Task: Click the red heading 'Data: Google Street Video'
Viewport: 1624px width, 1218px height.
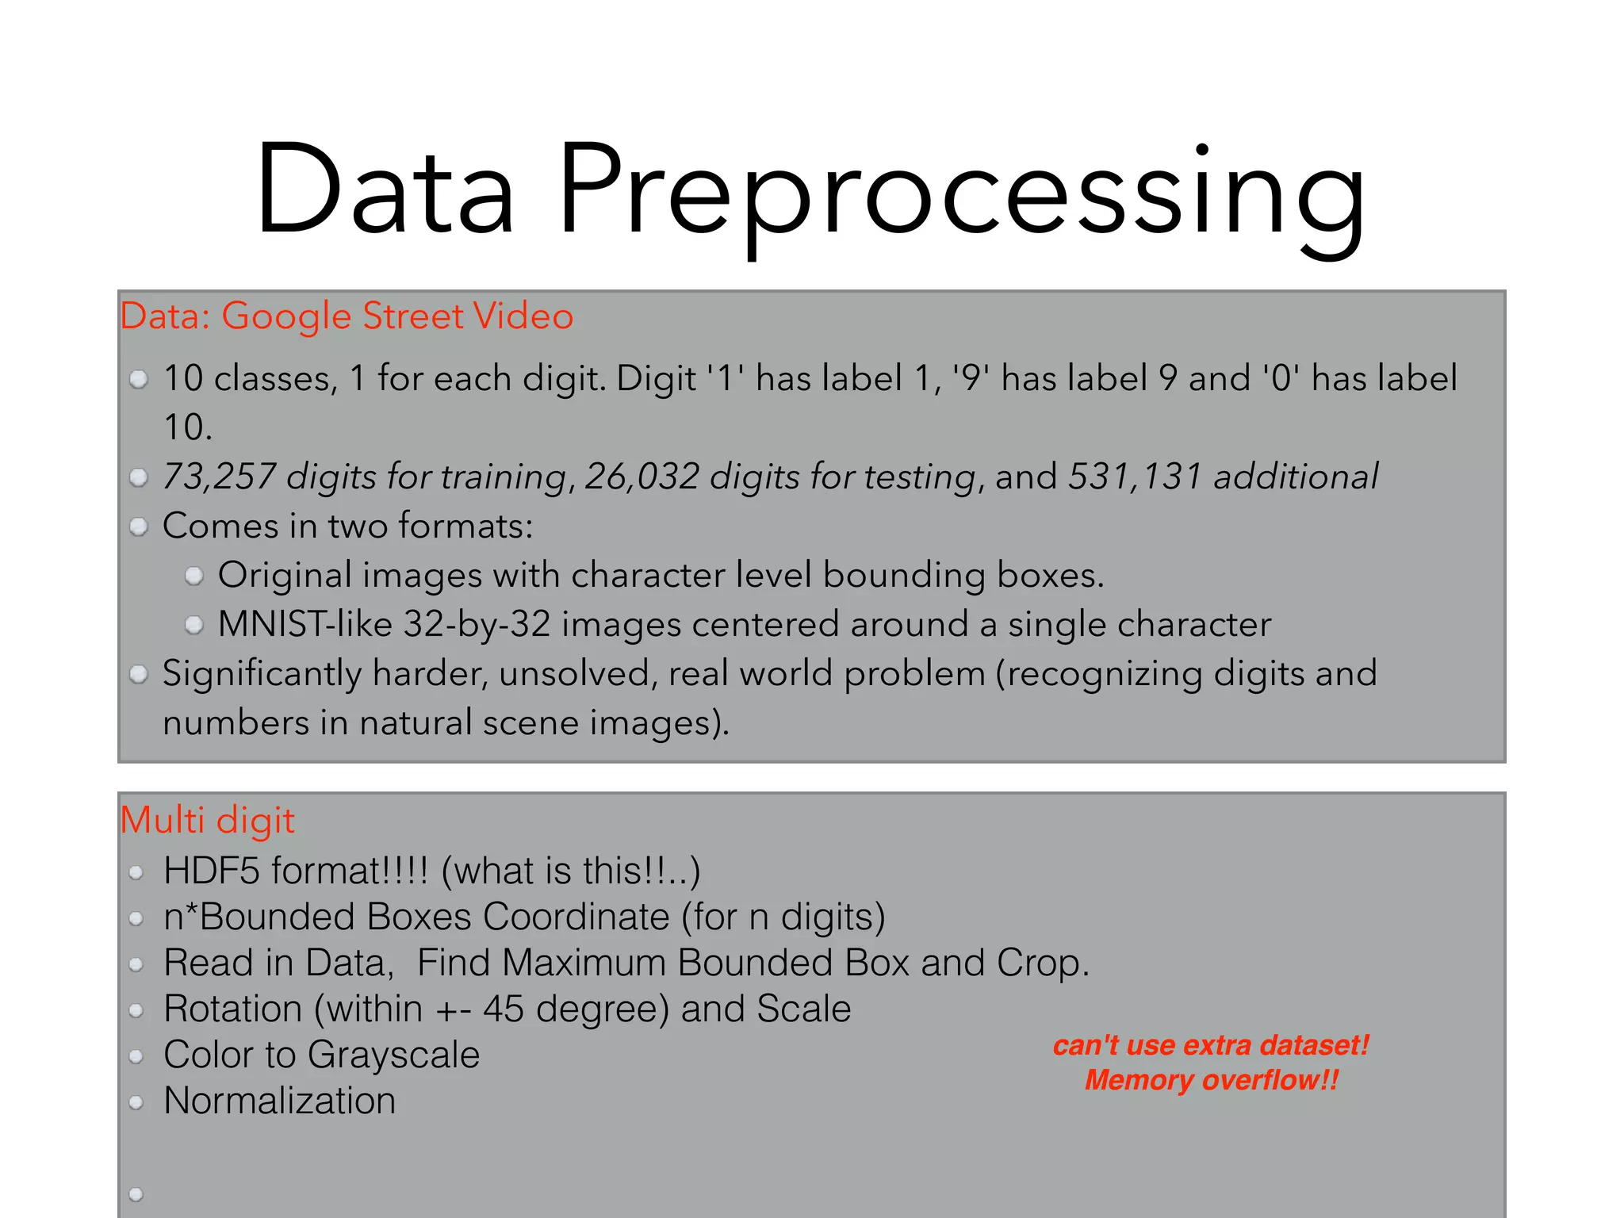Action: coord(347,316)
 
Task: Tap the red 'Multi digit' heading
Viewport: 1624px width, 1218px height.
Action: coord(207,820)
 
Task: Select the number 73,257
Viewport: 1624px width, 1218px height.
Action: coord(219,477)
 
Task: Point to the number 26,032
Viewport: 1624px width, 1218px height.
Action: coord(642,477)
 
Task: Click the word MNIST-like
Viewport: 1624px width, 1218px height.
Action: coord(305,624)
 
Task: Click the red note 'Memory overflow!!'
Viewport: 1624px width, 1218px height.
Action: coord(1211,1080)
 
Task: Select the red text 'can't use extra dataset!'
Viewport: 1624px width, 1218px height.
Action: coord(1211,1045)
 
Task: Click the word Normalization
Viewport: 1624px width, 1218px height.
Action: coord(279,1101)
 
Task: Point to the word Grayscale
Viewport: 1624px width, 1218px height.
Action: coord(393,1055)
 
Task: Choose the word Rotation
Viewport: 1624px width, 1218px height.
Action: coord(233,1009)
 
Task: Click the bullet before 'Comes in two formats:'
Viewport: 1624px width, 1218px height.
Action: coord(139,527)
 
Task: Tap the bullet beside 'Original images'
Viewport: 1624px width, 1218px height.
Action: coord(194,576)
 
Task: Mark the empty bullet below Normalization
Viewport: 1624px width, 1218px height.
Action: coord(136,1194)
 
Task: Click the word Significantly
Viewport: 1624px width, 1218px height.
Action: coord(262,673)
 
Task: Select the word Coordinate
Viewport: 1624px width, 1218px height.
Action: coord(576,917)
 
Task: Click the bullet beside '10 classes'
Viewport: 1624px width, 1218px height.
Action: coord(139,380)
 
